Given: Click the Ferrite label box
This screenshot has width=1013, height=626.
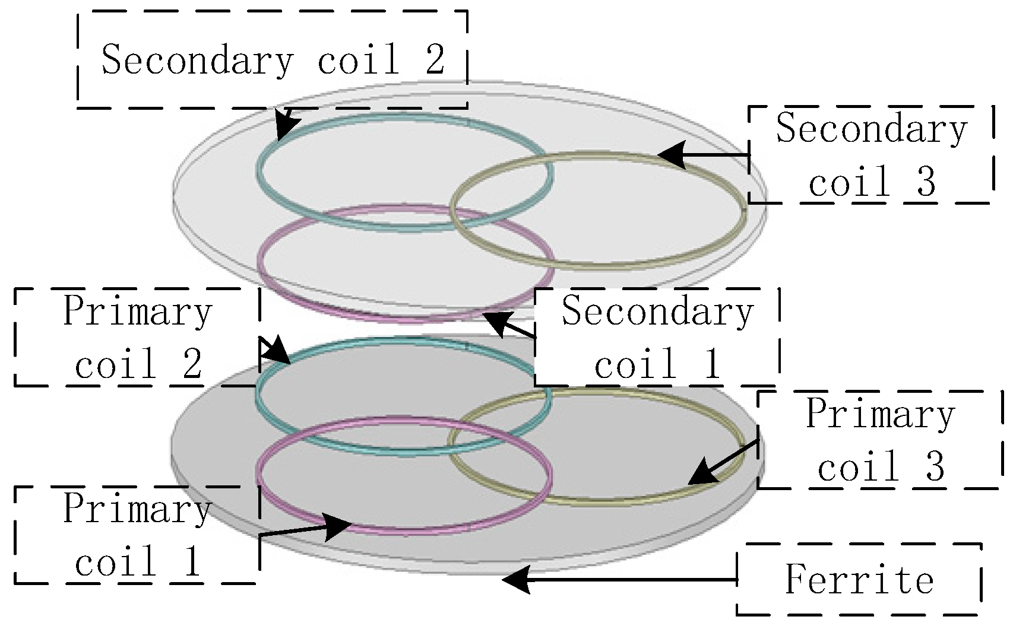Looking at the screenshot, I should click(858, 579).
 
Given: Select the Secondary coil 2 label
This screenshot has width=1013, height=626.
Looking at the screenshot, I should click(273, 59).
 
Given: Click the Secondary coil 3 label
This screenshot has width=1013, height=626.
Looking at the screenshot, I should click(871, 154).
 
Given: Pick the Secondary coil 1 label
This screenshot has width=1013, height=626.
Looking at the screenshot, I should click(657, 337).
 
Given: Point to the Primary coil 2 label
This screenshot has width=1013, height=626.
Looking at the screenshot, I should click(137, 337).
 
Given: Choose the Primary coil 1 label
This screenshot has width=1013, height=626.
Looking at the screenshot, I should click(137, 535).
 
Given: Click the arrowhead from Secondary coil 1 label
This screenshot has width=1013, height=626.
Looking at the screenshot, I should click(496, 322).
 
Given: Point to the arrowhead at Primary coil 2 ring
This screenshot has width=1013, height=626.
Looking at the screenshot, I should click(277, 353).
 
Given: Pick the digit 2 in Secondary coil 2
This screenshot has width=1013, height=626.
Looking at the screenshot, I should click(435, 59).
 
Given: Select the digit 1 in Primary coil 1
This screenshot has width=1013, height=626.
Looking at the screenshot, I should click(191, 562).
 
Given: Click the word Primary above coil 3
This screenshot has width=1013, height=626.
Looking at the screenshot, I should click(880, 414).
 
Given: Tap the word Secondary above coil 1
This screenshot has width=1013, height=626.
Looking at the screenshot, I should click(657, 311).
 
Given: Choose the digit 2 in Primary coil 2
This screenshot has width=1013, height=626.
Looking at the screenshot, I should click(192, 364).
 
